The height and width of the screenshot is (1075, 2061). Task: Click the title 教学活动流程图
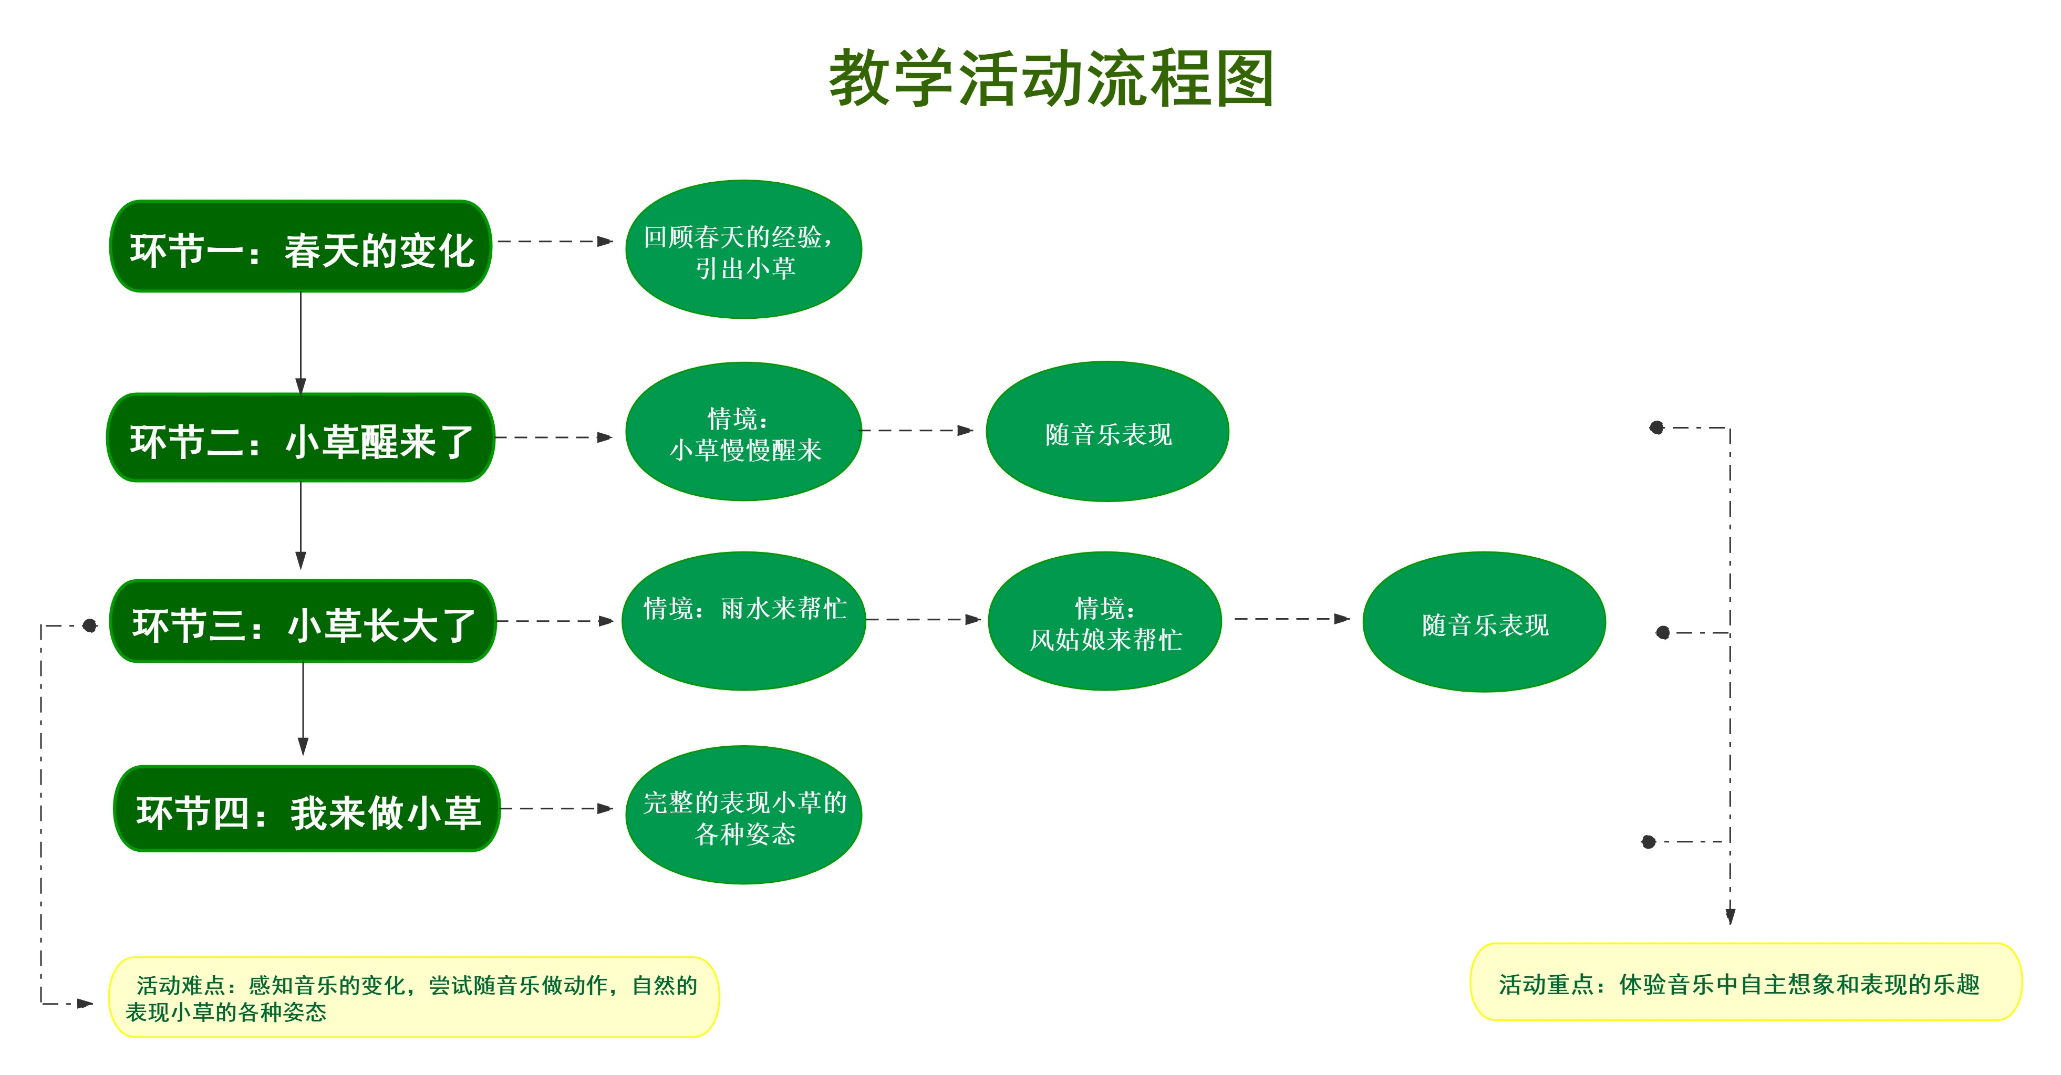[1051, 78]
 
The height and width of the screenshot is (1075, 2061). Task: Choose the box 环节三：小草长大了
[303, 621]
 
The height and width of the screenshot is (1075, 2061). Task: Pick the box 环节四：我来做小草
[307, 809]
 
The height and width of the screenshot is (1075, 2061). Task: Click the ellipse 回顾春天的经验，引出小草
[743, 249]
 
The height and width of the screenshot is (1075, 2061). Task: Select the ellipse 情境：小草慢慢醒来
[743, 432]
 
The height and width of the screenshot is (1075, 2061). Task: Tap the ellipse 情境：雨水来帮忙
[743, 621]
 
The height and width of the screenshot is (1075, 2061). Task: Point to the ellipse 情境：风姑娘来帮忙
[1105, 621]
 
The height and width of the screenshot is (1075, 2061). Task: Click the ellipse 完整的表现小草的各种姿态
[743, 815]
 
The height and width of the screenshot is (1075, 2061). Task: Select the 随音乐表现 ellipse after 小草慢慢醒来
[1107, 432]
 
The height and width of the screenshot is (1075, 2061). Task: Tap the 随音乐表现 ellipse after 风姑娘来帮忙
[1484, 622]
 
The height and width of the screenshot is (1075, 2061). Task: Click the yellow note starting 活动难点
[413, 997]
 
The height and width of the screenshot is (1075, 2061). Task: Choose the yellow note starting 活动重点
[1746, 982]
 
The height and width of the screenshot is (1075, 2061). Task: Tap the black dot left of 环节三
[90, 625]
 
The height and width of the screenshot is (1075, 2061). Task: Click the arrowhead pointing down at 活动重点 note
[1730, 916]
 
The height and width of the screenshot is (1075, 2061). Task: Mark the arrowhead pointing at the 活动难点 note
[85, 1003]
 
